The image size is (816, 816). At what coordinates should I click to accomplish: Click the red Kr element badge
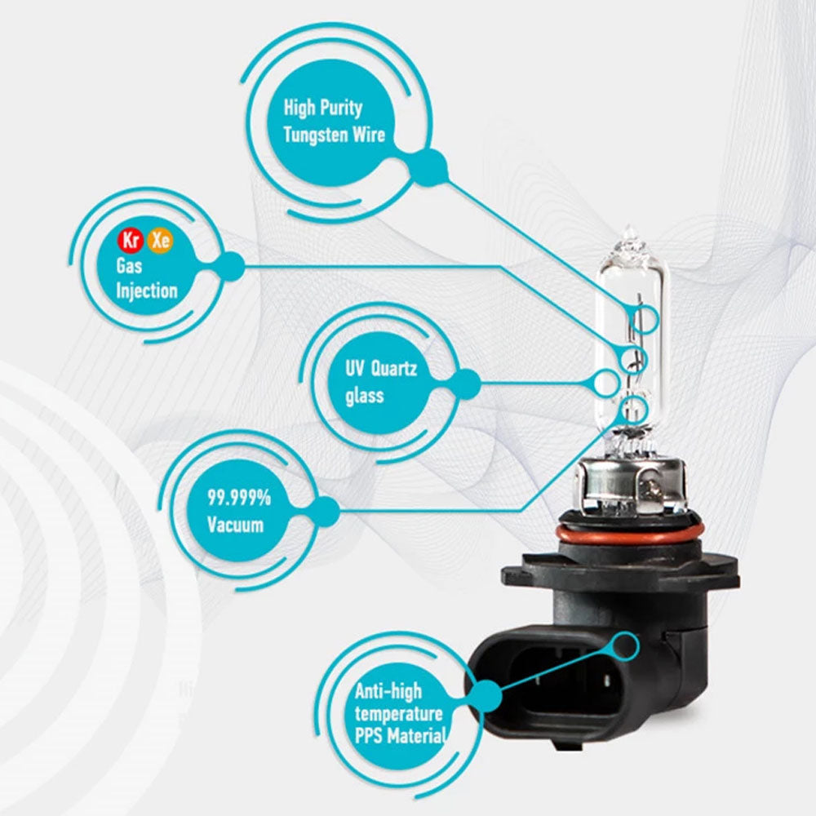pos(130,241)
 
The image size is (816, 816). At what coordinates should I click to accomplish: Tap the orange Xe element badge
pos(160,241)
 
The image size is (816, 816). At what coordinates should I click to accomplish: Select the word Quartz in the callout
pos(394,369)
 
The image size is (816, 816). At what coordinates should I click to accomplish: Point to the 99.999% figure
pos(239,498)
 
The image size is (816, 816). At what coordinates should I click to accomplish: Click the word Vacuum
pos(235,525)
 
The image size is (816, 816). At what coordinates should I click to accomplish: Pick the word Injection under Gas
pos(147,290)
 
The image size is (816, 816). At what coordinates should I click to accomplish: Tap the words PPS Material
pos(400,736)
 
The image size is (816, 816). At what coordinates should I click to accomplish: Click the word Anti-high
pos(388,691)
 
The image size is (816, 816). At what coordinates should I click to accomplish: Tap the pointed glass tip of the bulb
pos(629,232)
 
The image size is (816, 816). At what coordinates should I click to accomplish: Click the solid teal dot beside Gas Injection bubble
pos(228,267)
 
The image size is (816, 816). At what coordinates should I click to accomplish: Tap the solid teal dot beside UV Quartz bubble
pos(466,384)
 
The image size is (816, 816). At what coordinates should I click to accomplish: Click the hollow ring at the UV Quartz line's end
pos(605,383)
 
